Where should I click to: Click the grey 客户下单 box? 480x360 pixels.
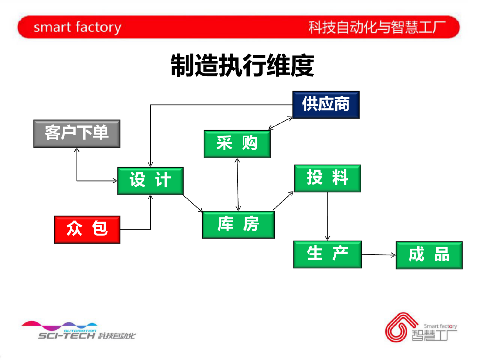point(77,133)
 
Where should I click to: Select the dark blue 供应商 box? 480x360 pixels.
point(326,105)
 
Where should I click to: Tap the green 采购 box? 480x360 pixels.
point(237,144)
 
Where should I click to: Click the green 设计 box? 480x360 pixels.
point(150,180)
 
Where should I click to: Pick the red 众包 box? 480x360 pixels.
point(87,229)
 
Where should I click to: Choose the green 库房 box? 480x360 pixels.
point(238,225)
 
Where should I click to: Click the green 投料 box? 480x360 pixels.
point(327,178)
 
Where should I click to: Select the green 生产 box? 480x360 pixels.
point(327,254)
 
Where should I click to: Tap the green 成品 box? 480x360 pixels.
point(429,255)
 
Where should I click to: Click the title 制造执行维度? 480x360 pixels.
point(242,65)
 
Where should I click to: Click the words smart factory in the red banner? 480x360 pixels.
point(77,27)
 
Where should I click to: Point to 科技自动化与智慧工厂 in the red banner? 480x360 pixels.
point(377,27)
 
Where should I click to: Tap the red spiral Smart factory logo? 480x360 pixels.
point(400,327)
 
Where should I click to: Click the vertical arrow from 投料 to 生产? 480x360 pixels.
point(328,216)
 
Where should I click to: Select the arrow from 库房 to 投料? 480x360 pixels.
point(283,201)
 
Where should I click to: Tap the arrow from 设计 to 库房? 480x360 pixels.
point(193,203)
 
